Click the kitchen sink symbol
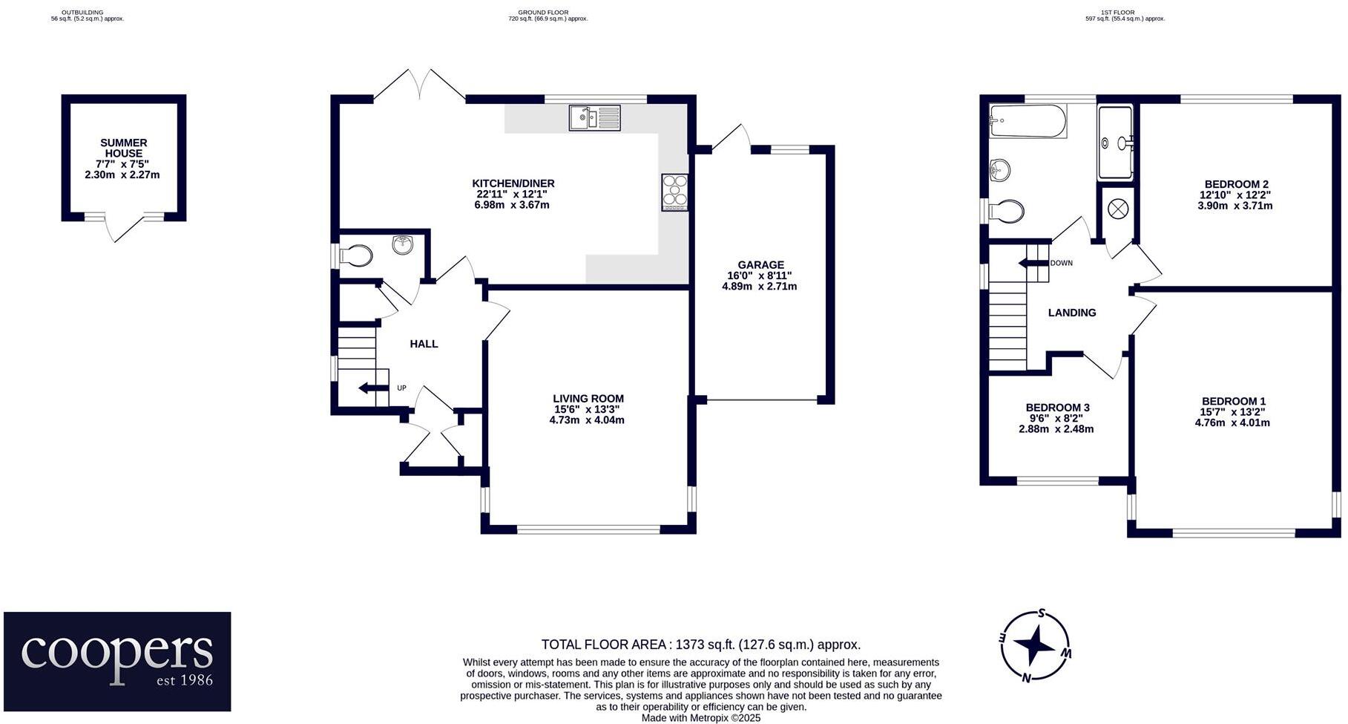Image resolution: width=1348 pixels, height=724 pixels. click(x=594, y=118)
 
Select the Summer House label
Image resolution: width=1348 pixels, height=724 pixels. click(x=123, y=149)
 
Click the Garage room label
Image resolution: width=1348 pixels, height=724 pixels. click(x=760, y=265)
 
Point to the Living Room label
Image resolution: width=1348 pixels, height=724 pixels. click(x=588, y=399)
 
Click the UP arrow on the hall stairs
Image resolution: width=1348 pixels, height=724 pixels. click(x=373, y=388)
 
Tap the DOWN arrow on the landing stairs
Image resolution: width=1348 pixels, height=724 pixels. click(x=1033, y=263)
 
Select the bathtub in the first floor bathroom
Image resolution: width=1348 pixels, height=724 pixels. click(x=1028, y=121)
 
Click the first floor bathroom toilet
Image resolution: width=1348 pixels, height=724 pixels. click(x=1007, y=212)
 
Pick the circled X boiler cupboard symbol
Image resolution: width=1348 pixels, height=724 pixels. click(x=1117, y=209)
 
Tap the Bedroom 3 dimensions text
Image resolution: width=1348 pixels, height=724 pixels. click(x=1056, y=424)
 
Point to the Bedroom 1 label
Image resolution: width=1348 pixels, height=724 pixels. click(x=1233, y=401)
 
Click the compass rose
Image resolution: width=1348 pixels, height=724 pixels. click(x=1036, y=646)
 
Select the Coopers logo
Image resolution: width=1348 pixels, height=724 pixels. click(x=117, y=661)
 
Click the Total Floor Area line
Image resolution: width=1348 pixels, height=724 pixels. click(x=700, y=645)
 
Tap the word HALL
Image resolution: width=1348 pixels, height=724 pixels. click(x=424, y=344)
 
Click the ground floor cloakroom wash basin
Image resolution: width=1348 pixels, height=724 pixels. click(x=403, y=244)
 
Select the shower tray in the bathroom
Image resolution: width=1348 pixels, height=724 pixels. click(x=1115, y=143)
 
